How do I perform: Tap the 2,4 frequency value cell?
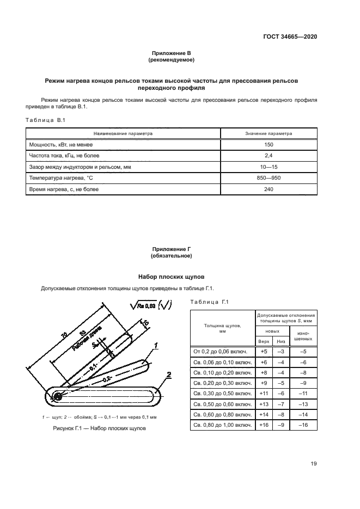[x=268, y=156]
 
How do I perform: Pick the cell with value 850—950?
[x=268, y=178]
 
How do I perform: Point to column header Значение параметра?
[x=268, y=133]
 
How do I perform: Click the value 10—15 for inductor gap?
[x=268, y=167]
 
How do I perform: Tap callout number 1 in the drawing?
[x=155, y=345]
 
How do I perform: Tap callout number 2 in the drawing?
[x=169, y=375]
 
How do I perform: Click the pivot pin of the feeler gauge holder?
[x=57, y=397]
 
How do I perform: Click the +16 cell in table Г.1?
[x=264, y=424]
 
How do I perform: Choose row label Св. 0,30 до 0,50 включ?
[x=222, y=393]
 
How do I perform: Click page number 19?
[x=313, y=464]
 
